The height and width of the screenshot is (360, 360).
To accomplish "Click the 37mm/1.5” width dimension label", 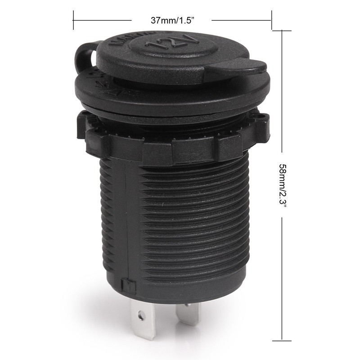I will pos(171,20).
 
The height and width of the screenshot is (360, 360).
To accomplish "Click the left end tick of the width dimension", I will pos(73,20).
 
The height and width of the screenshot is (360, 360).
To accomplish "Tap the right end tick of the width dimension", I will pos(271,20).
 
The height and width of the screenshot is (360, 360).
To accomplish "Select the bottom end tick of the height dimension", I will pos(282,339).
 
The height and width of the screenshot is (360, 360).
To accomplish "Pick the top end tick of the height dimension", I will pos(282,31).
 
